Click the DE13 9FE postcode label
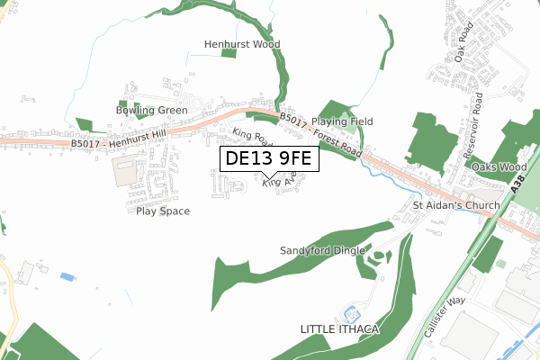[268, 159]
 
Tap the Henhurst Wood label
[242, 44]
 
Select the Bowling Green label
[151, 111]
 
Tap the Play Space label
[163, 211]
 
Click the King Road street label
[252, 138]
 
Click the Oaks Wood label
[499, 167]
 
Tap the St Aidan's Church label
[455, 206]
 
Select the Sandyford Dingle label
[322, 249]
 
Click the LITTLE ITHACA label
[339, 330]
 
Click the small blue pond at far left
[67, 275]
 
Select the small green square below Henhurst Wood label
[229, 55]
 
